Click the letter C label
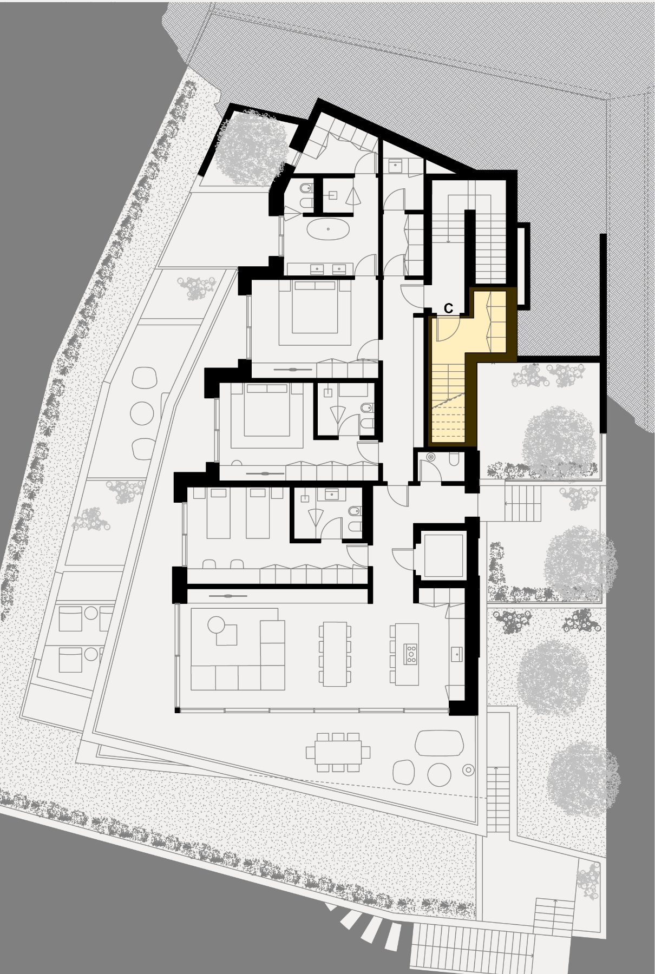pos(448,308)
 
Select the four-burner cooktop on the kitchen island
pos(411,654)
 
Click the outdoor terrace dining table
pos(338,752)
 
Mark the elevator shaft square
pos(444,555)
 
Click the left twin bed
pos(218,513)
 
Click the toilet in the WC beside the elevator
pos(455,459)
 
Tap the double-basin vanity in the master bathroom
pos(320,269)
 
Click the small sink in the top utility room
pos(396,165)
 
